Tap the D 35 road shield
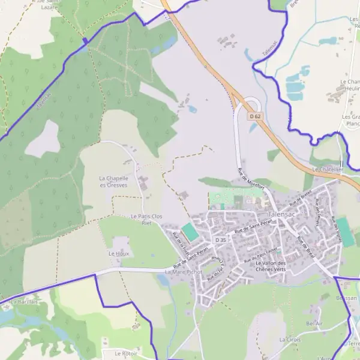tap(221, 240)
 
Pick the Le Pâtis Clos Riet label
tap(146, 219)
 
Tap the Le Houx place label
tap(119, 254)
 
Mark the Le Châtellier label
tap(328, 169)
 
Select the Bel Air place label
tap(314, 323)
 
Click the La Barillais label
tap(24, 302)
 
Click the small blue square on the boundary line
tap(85, 41)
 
